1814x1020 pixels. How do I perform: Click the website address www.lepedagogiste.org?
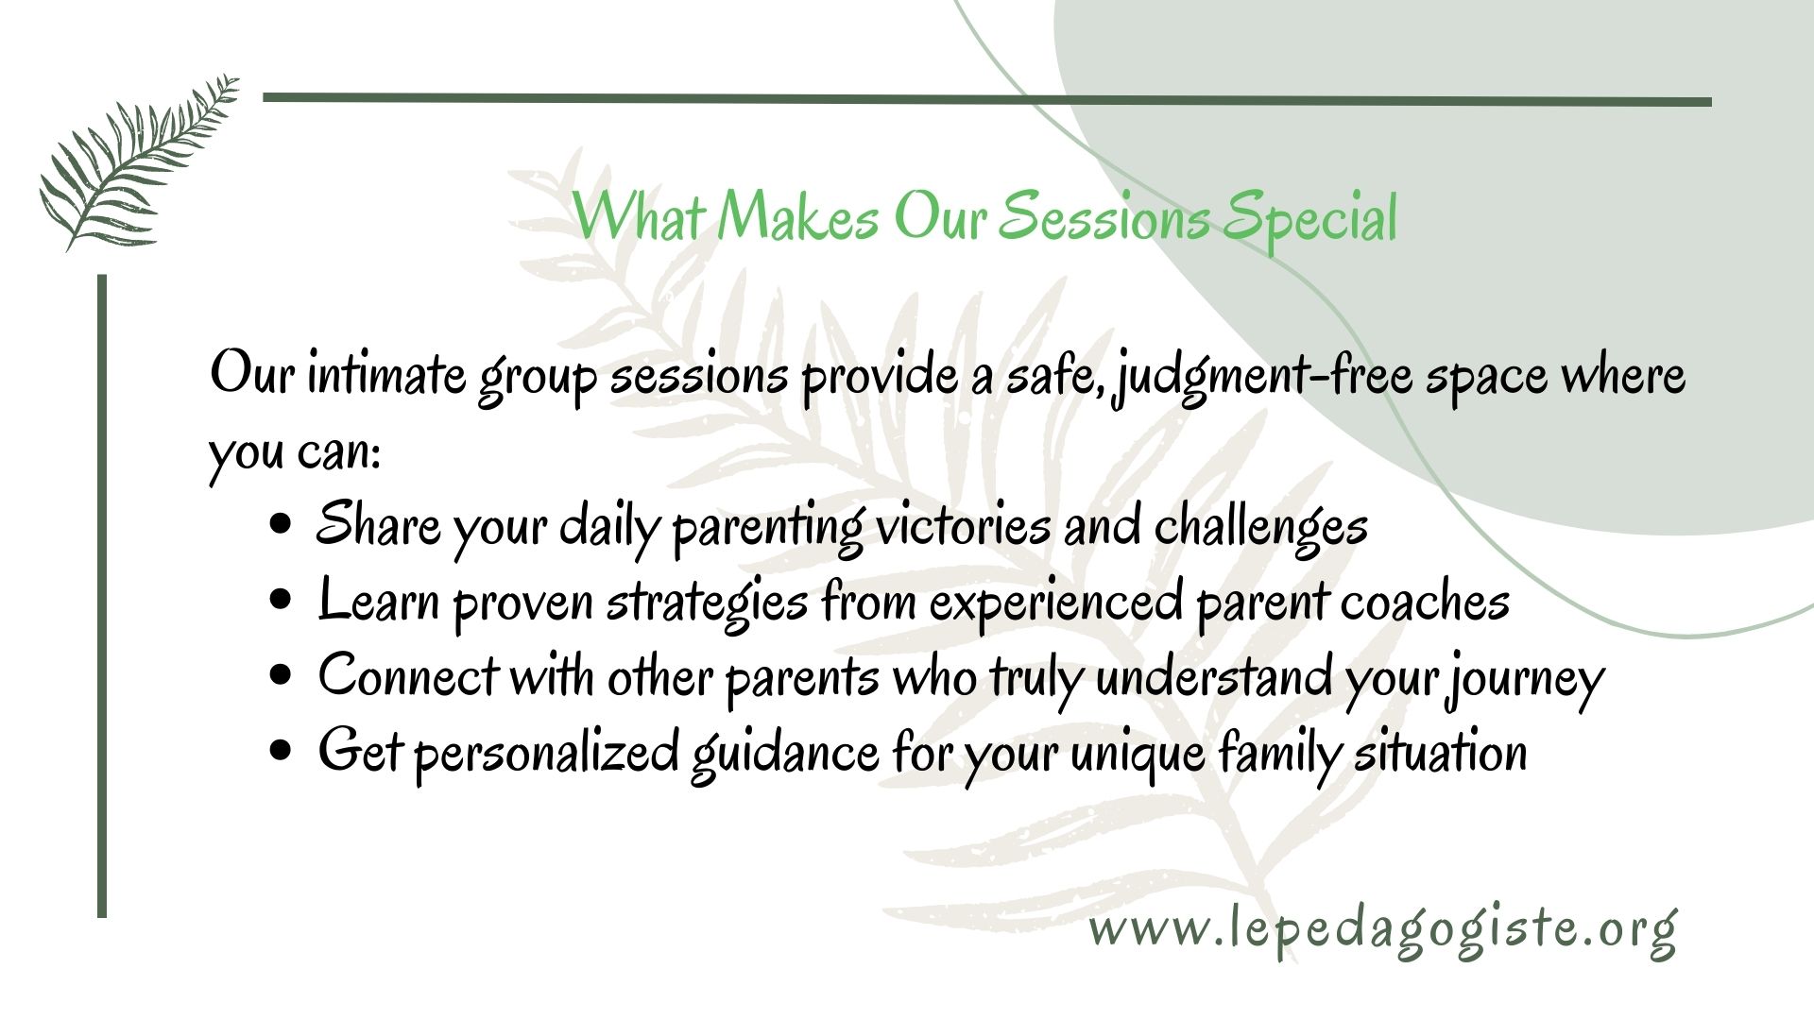tap(1383, 930)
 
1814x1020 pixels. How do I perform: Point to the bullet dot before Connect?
tap(280, 676)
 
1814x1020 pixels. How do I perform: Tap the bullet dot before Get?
tap(280, 752)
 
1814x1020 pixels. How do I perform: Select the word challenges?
tap(1261, 526)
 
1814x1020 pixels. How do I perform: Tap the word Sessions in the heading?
tap(1103, 218)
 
